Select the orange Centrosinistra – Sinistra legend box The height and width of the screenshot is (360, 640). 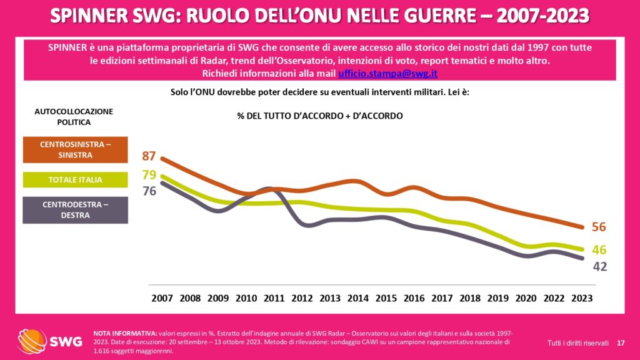click(x=74, y=149)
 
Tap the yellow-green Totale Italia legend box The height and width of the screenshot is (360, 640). click(x=74, y=180)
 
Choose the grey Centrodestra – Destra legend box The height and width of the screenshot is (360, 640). click(x=74, y=210)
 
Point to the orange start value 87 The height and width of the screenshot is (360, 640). click(x=149, y=156)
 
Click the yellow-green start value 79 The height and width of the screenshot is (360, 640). click(x=149, y=174)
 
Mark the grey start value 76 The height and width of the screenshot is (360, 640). click(x=149, y=191)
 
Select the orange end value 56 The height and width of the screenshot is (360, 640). click(x=599, y=227)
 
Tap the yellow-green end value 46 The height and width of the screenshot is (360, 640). click(x=599, y=250)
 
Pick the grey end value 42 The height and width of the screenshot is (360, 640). click(x=599, y=266)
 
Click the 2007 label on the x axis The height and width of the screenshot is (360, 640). click(x=162, y=298)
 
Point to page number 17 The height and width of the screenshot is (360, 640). click(x=621, y=342)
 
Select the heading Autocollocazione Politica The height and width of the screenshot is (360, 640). click(x=74, y=117)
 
